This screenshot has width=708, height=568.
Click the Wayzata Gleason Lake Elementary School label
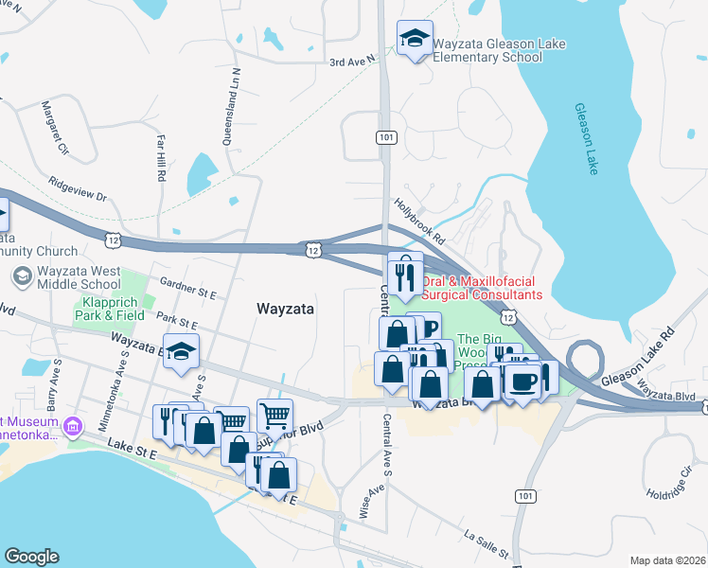[x=487, y=49]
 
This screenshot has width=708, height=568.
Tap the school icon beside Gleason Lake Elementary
[x=414, y=40]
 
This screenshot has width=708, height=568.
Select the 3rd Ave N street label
[x=352, y=62]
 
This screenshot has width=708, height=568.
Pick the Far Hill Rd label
[x=161, y=157]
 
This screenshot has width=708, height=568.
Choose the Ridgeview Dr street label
[x=78, y=190]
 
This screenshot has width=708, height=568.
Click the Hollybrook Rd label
[x=419, y=220]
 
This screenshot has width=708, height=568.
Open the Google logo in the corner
[x=31, y=557]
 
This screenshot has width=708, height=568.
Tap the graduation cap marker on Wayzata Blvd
[x=181, y=351]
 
